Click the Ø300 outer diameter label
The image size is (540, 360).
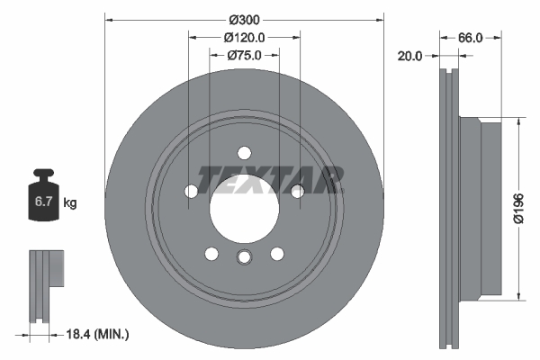[x=244, y=20]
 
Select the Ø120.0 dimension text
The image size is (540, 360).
[x=244, y=38]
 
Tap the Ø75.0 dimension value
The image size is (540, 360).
[x=244, y=56]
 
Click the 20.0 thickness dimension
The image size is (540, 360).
[x=410, y=56]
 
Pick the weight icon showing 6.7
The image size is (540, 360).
[x=43, y=198]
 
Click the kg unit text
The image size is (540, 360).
[x=70, y=203]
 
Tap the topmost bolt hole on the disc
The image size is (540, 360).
[x=244, y=152]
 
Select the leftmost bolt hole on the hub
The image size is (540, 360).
[x=191, y=191]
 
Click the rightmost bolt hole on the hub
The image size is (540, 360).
[x=297, y=189]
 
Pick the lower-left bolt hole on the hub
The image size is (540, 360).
[x=211, y=253]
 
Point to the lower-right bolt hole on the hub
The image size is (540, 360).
[x=276, y=253]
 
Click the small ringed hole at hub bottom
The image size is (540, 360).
[x=244, y=259]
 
